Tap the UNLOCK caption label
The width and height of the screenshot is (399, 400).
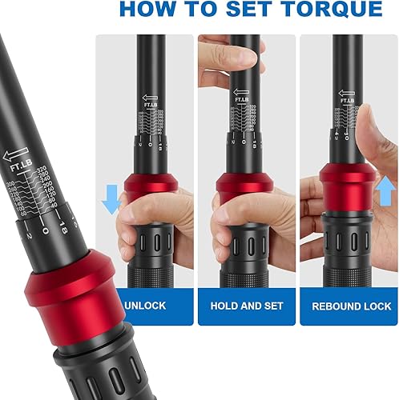(145, 306)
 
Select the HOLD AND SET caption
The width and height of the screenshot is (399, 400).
(247, 306)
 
